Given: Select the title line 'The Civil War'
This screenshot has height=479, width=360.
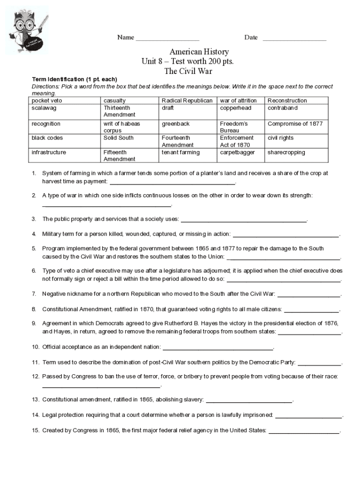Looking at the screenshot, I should pos(188,71).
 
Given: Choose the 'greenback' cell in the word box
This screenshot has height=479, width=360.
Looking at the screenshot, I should pos(176,124).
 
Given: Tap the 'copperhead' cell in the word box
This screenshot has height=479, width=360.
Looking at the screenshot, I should pos(236,108).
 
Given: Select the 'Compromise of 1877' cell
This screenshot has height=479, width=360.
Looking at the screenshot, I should pos(295,124).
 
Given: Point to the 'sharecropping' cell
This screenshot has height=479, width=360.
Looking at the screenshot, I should pos(286,152).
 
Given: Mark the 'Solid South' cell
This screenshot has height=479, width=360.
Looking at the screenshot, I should pos(118,138).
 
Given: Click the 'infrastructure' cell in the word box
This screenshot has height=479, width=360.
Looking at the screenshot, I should pos(49,152).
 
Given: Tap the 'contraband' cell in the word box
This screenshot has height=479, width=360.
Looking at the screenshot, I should pos(282,108).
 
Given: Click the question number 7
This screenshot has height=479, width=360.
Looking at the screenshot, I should pos(34,294).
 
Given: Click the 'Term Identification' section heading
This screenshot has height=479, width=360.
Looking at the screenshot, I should pos(60,79).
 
